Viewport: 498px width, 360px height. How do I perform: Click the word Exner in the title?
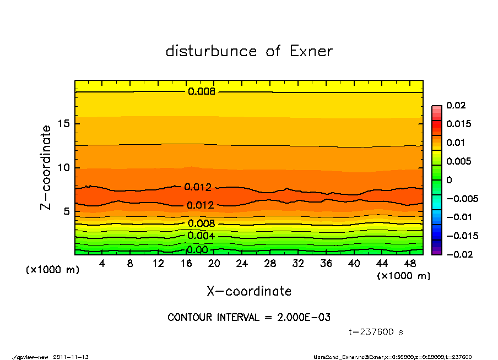tap(311, 51)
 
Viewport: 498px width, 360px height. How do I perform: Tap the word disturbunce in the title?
tap(211, 51)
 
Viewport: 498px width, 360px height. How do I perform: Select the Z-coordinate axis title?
tap(46, 167)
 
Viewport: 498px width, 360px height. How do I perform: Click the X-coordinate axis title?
tap(249, 291)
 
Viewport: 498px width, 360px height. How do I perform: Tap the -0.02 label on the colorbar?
tap(458, 254)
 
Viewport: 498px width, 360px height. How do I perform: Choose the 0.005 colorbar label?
tap(458, 161)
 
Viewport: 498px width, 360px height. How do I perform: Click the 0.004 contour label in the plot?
tap(201, 236)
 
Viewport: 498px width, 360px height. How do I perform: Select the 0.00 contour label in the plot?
tap(197, 250)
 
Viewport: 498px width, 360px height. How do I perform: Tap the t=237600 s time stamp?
tap(376, 332)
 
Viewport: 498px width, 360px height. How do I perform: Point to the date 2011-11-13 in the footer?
tap(71, 357)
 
